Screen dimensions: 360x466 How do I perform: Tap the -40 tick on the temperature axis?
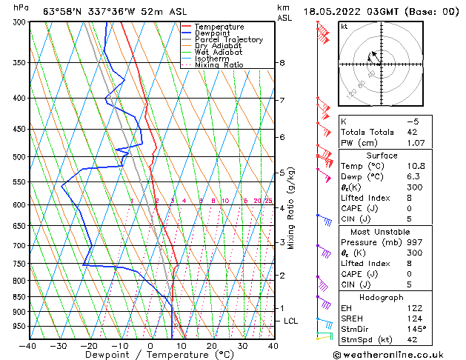[x=29, y=346]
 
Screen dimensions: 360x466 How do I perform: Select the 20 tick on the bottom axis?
[x=212, y=346]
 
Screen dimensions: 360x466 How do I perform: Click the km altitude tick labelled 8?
[x=282, y=63]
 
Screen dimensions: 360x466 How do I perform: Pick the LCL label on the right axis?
[x=290, y=321]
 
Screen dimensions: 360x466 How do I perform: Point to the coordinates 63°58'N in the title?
[x=64, y=11]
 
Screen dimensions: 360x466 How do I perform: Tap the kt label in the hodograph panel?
[x=344, y=26]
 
